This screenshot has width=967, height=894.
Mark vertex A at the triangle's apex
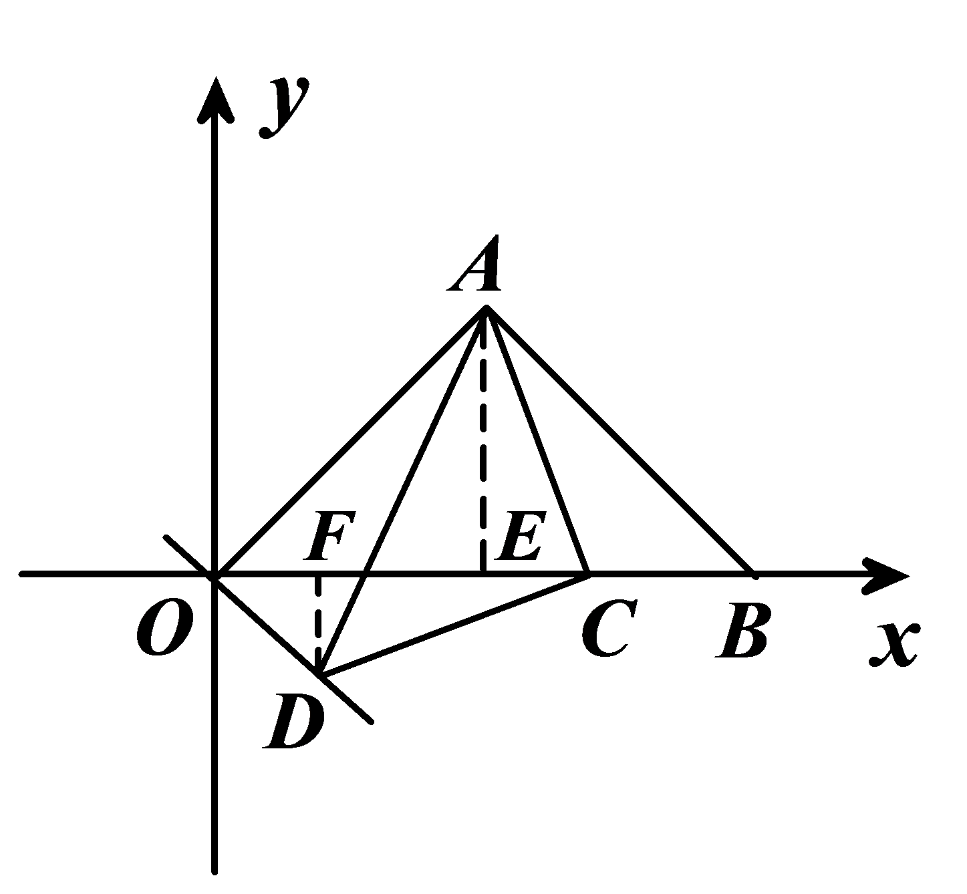pos(486,308)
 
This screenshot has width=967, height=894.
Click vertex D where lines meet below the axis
pos(320,674)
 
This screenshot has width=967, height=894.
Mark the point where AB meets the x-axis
pos(751,573)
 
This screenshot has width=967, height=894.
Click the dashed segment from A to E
pos(482,441)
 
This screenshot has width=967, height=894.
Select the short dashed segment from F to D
pos(317,621)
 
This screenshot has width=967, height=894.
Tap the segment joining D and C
pos(454,623)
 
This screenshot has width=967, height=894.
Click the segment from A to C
pos(537,440)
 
